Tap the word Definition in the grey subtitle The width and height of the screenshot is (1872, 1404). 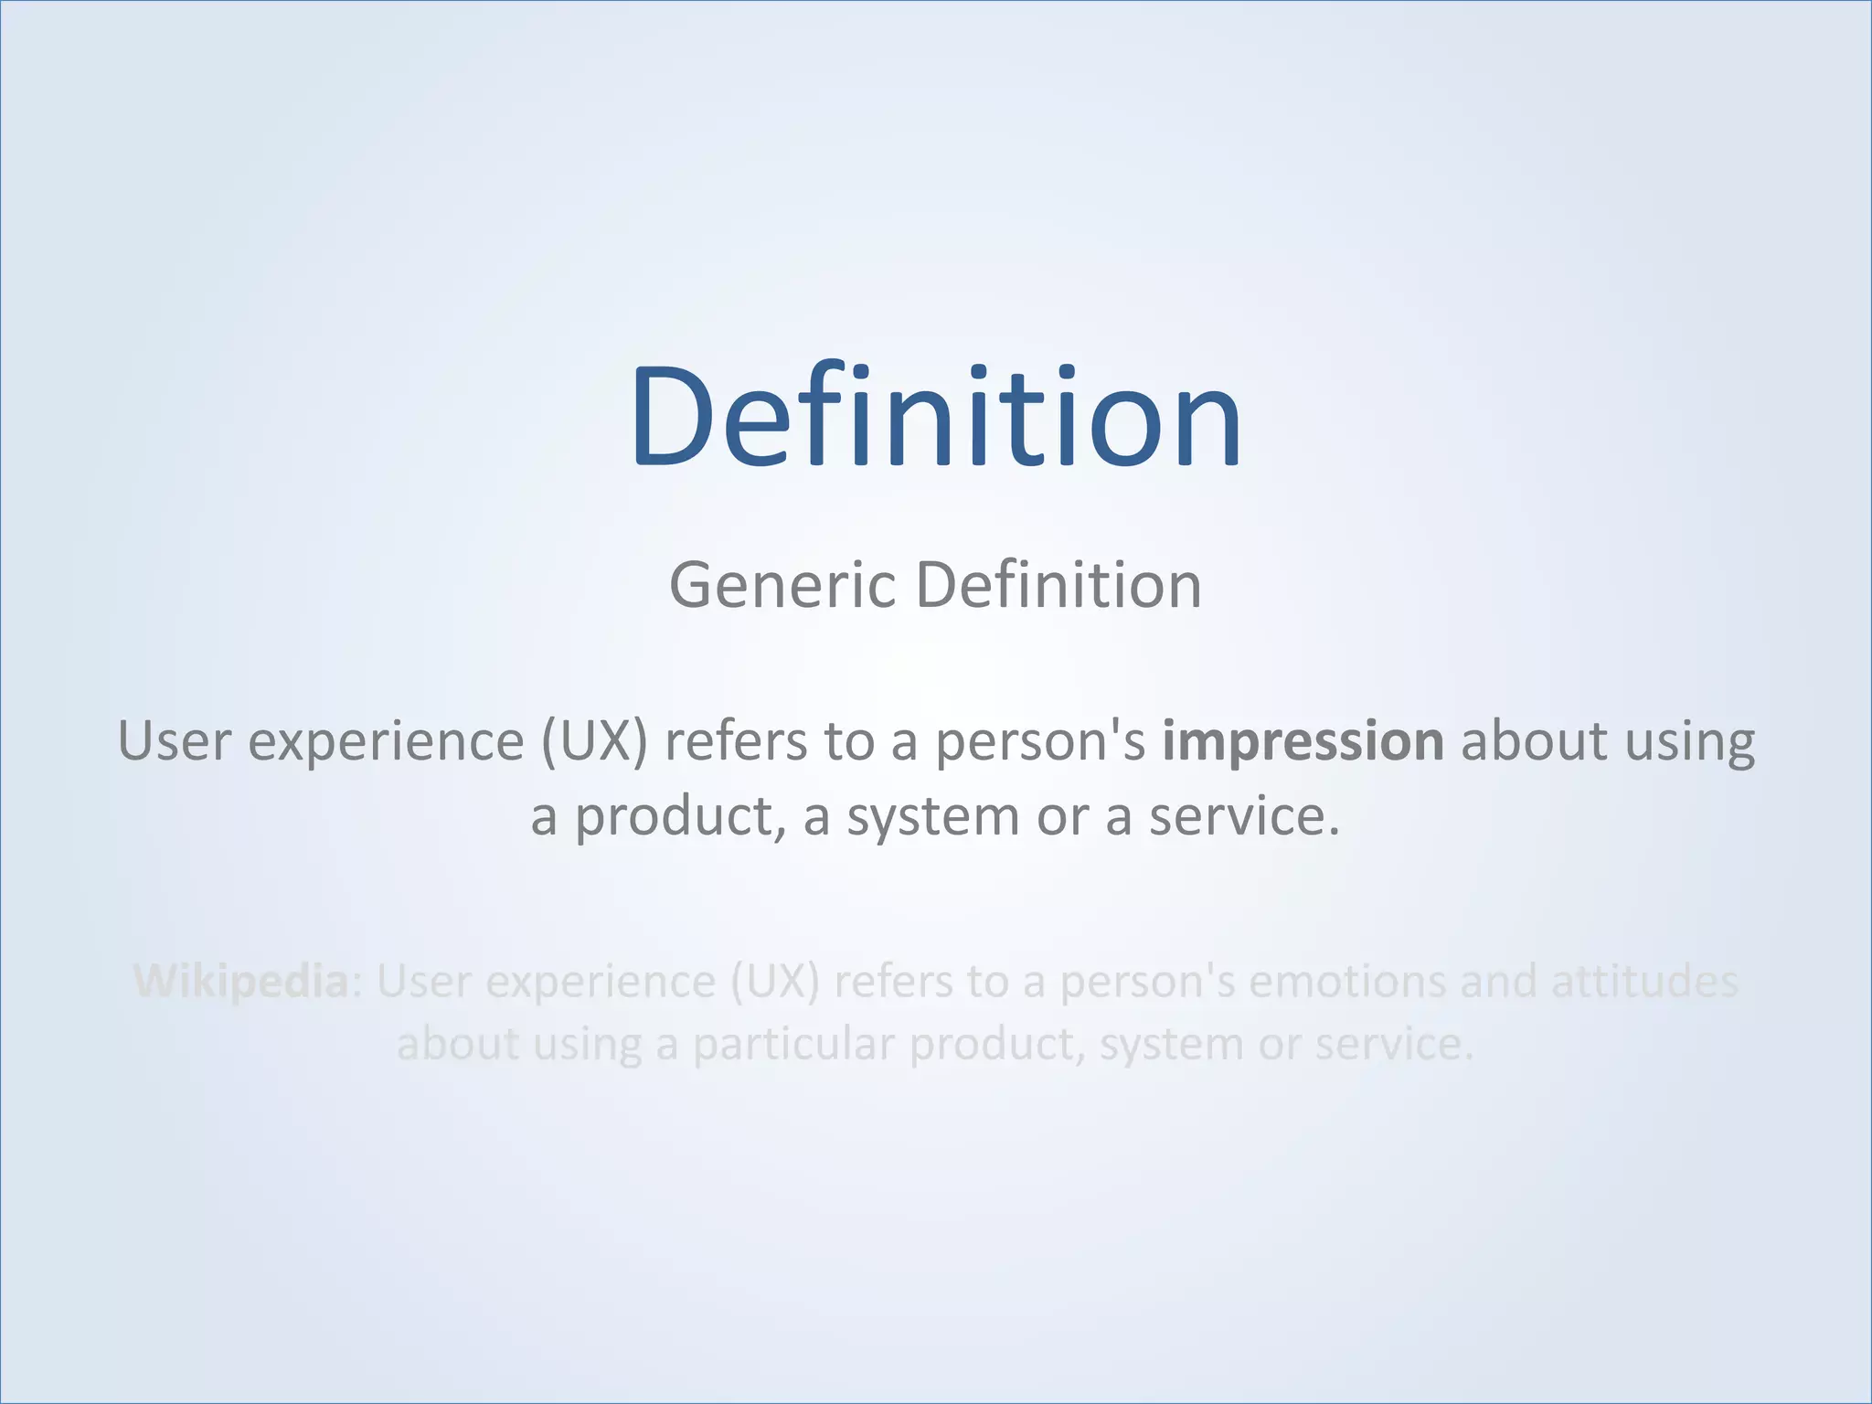[1058, 585]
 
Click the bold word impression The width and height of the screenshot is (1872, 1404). [1303, 740]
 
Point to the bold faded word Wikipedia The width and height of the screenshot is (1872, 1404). [241, 982]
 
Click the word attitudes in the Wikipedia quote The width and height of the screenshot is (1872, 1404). [1644, 982]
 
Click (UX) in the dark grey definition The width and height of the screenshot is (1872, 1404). [593, 740]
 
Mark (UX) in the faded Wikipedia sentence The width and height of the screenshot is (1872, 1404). [774, 982]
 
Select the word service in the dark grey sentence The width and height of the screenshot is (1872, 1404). [1243, 816]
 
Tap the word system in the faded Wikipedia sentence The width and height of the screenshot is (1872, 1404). [1170, 1044]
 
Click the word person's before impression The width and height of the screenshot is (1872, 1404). [1039, 740]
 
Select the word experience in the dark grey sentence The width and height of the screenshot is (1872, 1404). [386, 740]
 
